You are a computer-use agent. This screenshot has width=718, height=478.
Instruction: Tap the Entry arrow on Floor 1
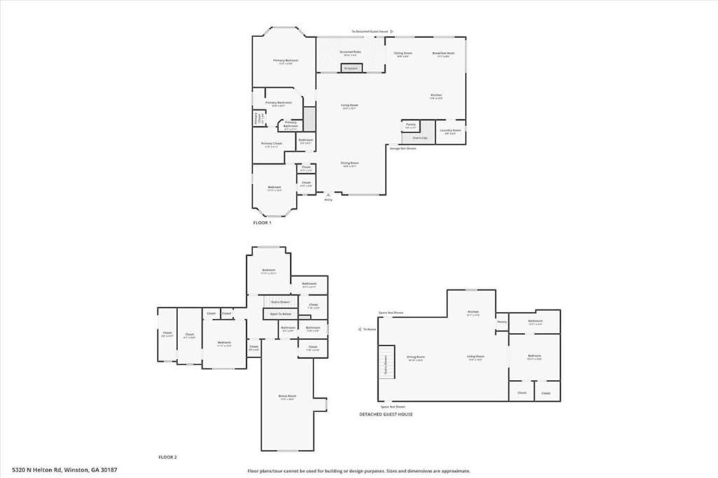pyautogui.click(x=327, y=195)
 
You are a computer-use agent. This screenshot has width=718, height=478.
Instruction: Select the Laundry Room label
pyautogui.click(x=450, y=130)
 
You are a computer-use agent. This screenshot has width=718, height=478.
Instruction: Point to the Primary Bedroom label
pyautogui.click(x=285, y=62)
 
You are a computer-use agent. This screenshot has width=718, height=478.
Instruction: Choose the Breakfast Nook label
pyautogui.click(x=443, y=54)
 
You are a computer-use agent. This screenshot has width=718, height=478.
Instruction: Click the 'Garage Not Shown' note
pyautogui.click(x=402, y=148)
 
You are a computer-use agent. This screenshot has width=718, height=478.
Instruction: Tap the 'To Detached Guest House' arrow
pyautogui.click(x=392, y=32)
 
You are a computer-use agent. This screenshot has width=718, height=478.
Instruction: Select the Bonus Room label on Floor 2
pyautogui.click(x=287, y=397)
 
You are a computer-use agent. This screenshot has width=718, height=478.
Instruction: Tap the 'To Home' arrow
pyautogui.click(x=360, y=329)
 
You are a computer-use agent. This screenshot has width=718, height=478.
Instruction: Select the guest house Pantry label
pyautogui.click(x=502, y=322)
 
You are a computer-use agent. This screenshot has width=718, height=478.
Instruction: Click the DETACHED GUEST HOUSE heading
pyautogui.click(x=386, y=414)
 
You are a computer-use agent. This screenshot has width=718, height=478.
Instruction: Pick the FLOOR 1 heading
pyautogui.click(x=262, y=222)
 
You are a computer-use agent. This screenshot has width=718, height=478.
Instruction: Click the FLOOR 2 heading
pyautogui.click(x=167, y=457)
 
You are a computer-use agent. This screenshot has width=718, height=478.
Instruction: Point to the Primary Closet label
pyautogui.click(x=271, y=144)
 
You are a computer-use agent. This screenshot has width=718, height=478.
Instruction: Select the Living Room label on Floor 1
pyautogui.click(x=350, y=107)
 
